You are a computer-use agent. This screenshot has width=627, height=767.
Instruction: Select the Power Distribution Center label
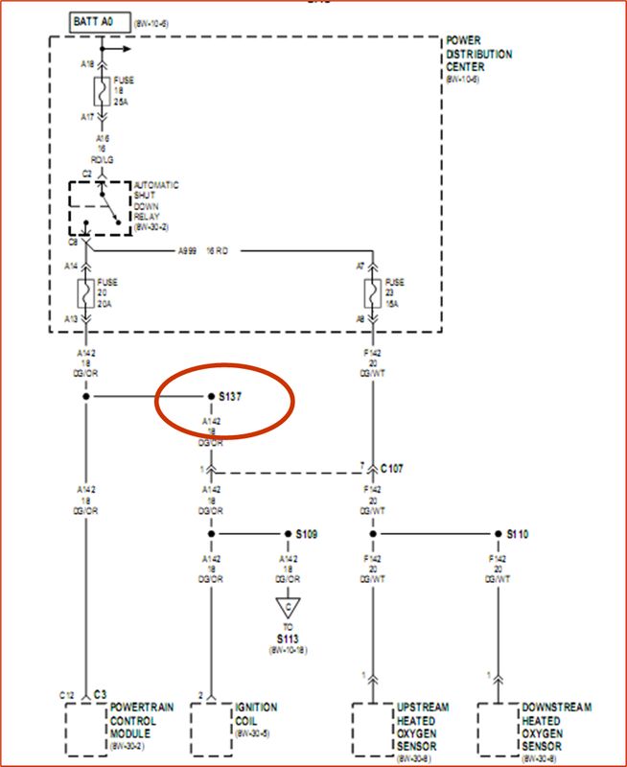tap(478, 55)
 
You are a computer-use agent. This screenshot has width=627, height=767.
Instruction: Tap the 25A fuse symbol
tap(99, 92)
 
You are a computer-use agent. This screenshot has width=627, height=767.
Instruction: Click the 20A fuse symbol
tap(85, 294)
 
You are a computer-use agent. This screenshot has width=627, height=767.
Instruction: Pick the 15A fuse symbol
tap(369, 294)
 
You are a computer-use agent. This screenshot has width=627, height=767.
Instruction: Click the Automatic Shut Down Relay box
tap(100, 207)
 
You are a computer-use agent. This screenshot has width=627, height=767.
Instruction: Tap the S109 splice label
tap(305, 533)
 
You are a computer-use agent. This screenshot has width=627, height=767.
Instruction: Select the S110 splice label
tap(517, 533)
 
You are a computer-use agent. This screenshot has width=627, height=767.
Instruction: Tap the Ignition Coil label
tap(256, 714)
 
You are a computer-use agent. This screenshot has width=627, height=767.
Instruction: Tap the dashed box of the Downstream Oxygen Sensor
tap(497, 731)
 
